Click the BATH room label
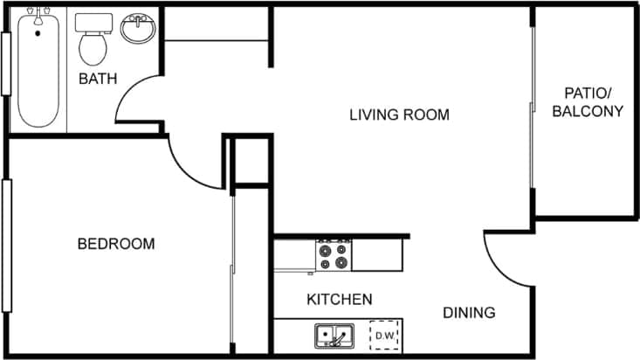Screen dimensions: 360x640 click(x=98, y=80)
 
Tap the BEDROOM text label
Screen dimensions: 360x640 click(x=116, y=244)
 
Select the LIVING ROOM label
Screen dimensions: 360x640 click(x=399, y=114)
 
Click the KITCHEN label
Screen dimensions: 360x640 click(x=340, y=300)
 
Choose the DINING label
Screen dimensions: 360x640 click(x=469, y=313)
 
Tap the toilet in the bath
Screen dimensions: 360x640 click(x=92, y=39)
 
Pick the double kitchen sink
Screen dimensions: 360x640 click(x=334, y=336)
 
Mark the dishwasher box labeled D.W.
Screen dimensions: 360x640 click(x=383, y=335)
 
